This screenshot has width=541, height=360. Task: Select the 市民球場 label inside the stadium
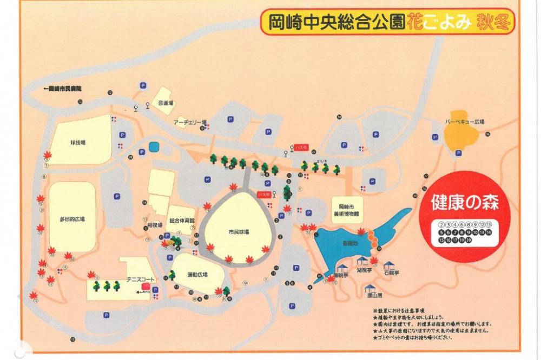coord(239,231)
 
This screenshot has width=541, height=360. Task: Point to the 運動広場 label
coord(197,274)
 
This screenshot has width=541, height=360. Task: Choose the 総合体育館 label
coord(181,220)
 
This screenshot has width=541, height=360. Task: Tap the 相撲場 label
coord(155,223)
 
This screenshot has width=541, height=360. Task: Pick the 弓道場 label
coord(165,103)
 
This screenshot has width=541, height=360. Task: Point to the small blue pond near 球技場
coord(154,146)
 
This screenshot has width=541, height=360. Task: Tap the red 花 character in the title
coord(414,22)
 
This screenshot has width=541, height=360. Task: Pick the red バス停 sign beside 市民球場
coord(263,194)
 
